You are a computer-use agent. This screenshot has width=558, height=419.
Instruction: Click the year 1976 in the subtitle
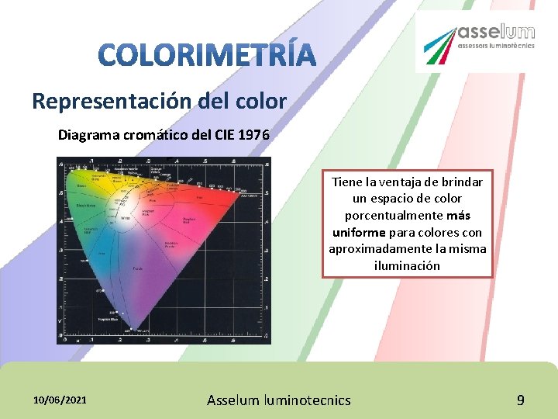(x=254, y=135)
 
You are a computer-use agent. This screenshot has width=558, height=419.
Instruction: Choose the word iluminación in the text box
(x=407, y=265)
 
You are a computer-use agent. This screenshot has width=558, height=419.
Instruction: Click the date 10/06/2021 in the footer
(x=60, y=400)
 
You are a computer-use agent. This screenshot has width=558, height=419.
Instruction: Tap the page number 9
(x=521, y=400)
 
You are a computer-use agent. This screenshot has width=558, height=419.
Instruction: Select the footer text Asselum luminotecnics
(x=278, y=400)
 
